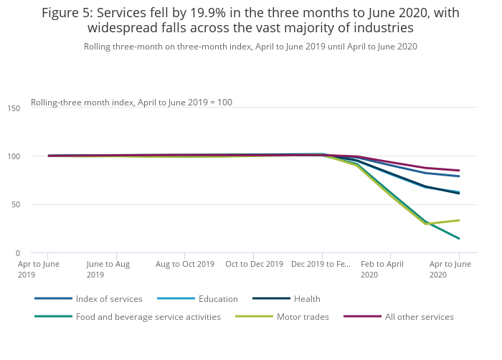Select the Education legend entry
click(x=217, y=298)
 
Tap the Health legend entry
click(x=306, y=298)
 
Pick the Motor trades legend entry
click(x=303, y=316)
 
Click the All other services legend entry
click(x=419, y=316)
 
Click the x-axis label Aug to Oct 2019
click(x=185, y=264)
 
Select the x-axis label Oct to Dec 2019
click(x=254, y=264)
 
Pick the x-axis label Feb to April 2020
click(x=382, y=269)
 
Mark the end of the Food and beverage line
click(x=459, y=239)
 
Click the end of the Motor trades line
click(x=459, y=220)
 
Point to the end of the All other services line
click(x=459, y=171)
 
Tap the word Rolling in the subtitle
click(x=98, y=47)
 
